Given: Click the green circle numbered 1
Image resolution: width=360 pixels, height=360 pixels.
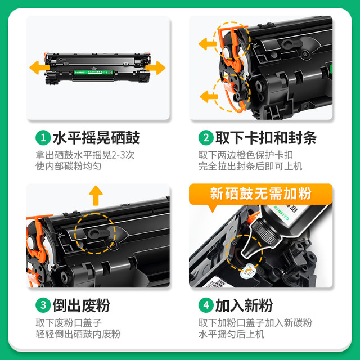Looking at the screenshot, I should [42, 137].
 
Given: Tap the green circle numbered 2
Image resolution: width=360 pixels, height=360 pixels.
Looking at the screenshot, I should [205, 137].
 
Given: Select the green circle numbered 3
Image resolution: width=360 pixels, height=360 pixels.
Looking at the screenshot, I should [42, 305].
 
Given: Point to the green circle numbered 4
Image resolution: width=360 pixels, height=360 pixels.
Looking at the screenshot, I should [205, 305].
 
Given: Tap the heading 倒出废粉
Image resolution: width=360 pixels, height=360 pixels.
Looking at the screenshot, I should [81, 305].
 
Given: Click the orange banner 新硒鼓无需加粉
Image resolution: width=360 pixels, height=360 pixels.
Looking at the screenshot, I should [260, 194].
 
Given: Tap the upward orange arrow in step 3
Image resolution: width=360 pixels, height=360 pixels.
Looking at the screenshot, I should [97, 195].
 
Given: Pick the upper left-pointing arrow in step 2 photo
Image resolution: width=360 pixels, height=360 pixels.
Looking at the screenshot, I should [207, 42].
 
